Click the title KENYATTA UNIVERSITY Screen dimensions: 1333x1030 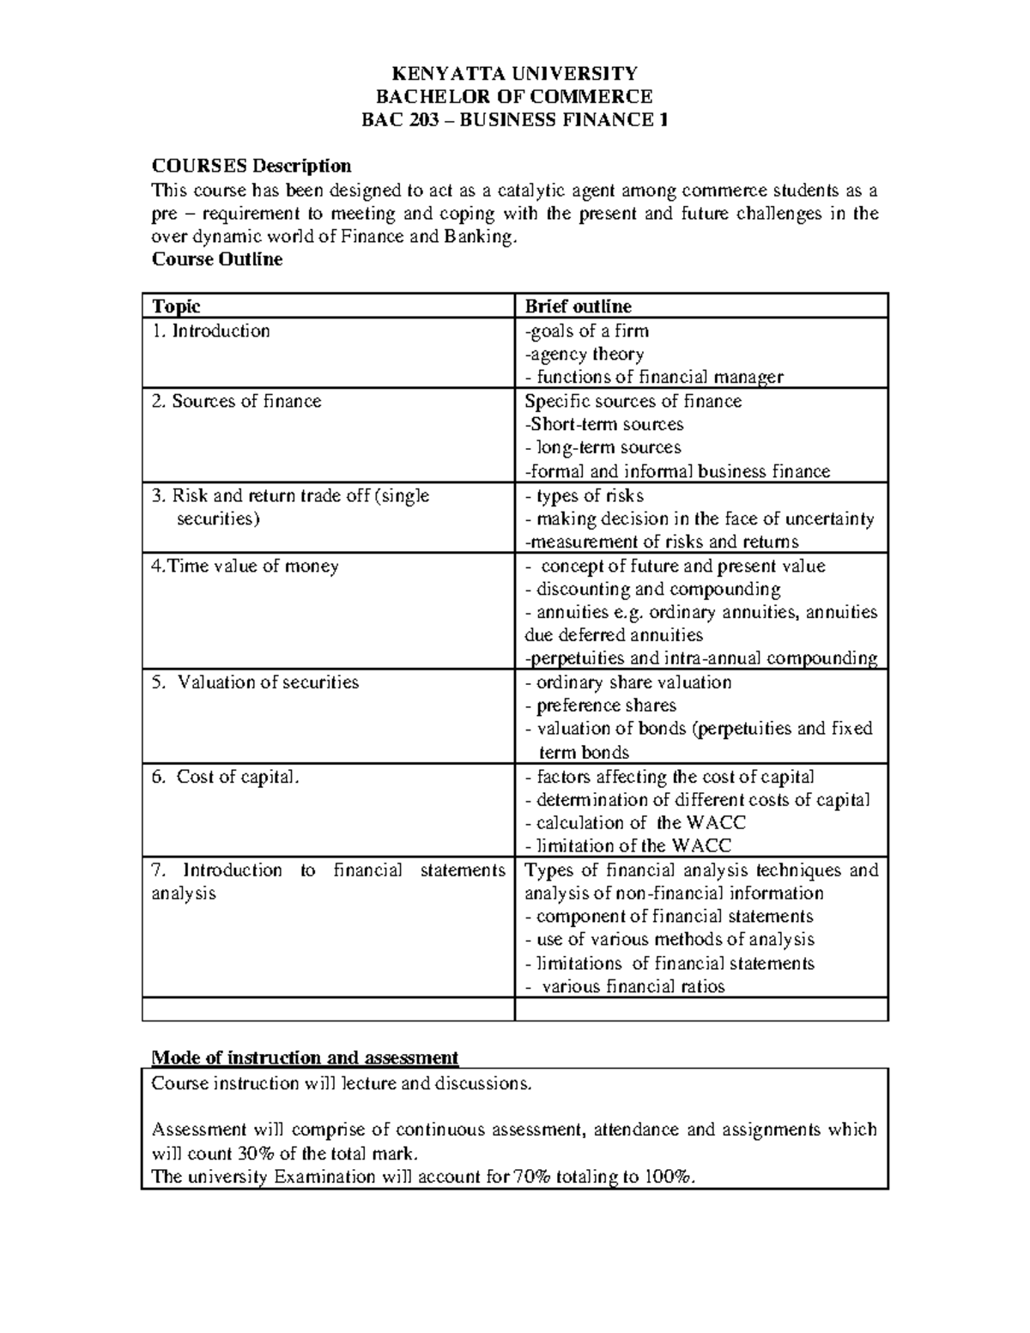pos(514,73)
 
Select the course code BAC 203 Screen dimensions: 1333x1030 pos(403,119)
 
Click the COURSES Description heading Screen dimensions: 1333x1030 pos(251,166)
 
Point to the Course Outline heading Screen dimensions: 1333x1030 pos(216,259)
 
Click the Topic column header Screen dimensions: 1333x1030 pos(176,306)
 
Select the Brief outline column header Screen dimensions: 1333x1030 pos(578,306)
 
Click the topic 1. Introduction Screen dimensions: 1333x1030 pos(211,331)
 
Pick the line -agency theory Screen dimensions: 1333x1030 pos(584,354)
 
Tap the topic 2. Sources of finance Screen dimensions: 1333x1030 pos(236,402)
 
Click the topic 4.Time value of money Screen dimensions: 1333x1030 pos(245,567)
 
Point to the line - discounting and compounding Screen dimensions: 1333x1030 pos(652,590)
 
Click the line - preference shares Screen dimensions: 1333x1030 pos(600,706)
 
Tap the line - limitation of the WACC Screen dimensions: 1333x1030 pos(627,846)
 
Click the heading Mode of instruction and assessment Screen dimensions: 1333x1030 pos(305,1057)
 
